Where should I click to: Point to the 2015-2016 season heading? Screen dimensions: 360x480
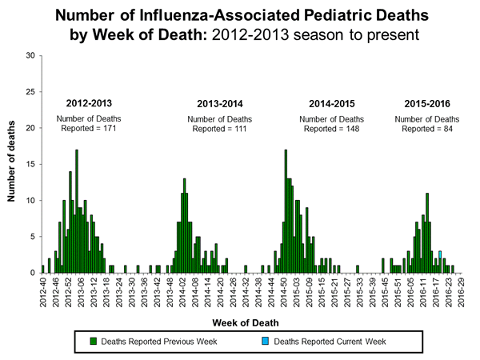click(425, 104)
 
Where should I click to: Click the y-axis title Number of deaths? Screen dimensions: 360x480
click(14, 164)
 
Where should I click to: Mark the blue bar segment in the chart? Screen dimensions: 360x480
click(440, 254)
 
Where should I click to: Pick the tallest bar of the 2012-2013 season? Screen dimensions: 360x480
click(77, 211)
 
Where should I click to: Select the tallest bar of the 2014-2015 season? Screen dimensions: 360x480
click(286, 211)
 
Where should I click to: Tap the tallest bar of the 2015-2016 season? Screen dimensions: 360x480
click(427, 233)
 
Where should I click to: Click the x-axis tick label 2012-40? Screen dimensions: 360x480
click(43, 293)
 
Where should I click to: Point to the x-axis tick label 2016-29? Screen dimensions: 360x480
click(462, 293)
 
